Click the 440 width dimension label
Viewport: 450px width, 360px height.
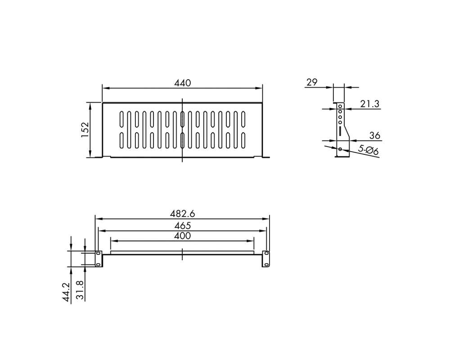pos(183,83)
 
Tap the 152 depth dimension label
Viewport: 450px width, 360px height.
pos(85,130)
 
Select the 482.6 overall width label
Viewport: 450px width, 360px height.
pos(183,214)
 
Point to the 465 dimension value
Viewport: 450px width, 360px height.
pos(183,225)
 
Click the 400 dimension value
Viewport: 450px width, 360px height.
pos(183,236)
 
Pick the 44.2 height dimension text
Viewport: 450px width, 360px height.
pos(66,292)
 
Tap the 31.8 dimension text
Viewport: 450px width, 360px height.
pos(81,290)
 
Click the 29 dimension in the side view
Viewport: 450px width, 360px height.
pos(312,82)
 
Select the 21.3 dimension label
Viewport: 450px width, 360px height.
pos(369,103)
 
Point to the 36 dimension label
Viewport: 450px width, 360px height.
pos(374,135)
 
